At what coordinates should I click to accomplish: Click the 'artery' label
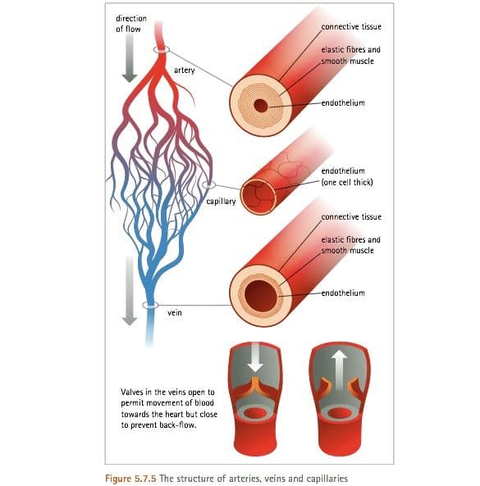[185, 70]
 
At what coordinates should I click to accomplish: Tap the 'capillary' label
[221, 202]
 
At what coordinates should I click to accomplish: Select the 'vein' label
[175, 313]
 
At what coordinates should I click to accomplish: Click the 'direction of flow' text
[131, 24]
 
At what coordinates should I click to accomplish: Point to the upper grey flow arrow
[130, 58]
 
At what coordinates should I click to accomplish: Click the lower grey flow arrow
[130, 291]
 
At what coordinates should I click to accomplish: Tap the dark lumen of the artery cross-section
[261, 106]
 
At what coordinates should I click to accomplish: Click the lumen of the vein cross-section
[261, 296]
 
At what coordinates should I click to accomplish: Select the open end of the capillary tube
[258, 198]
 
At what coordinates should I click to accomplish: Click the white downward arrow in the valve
[255, 357]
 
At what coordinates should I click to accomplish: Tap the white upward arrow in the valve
[339, 370]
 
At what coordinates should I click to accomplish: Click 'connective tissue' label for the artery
[351, 27]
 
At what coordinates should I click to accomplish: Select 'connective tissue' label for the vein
[351, 216]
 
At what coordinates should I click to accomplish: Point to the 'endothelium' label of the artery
[343, 103]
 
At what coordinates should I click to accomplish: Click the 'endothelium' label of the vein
[343, 293]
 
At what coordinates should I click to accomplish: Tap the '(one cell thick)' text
[347, 182]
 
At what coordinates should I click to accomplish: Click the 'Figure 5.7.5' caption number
[130, 479]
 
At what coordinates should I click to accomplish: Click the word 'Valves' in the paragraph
[132, 392]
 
